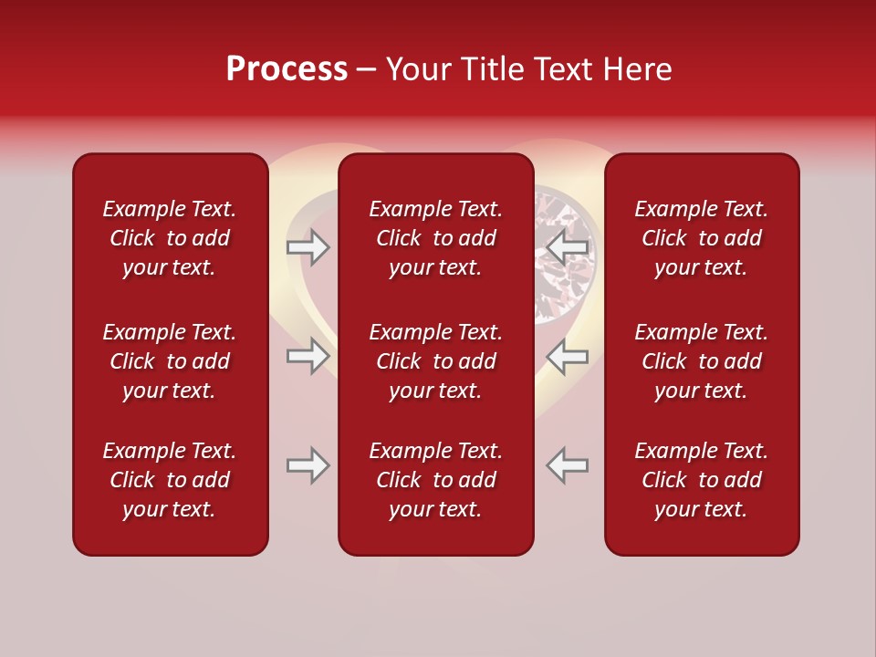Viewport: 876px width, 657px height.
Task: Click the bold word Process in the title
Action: [x=287, y=69]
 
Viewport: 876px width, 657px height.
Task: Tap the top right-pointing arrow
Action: [x=308, y=247]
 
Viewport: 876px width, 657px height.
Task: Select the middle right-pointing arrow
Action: [x=308, y=356]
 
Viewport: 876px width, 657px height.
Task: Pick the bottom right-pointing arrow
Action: [x=308, y=465]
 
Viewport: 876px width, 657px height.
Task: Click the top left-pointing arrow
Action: [x=568, y=247]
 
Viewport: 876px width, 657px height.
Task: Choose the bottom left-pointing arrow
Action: [x=568, y=465]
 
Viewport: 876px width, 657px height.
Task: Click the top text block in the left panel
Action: [x=170, y=238]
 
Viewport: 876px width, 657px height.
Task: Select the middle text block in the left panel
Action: [x=170, y=361]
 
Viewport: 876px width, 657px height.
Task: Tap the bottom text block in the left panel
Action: [x=170, y=480]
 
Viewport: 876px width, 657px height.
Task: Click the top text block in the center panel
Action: [x=435, y=238]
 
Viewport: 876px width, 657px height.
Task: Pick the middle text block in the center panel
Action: [x=435, y=361]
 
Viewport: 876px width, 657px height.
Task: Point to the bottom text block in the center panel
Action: [x=435, y=480]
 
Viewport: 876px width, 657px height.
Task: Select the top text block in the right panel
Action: [x=701, y=238]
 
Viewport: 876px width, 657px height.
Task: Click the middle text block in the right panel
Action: [x=701, y=361]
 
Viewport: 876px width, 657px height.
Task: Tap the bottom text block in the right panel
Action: [x=701, y=480]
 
